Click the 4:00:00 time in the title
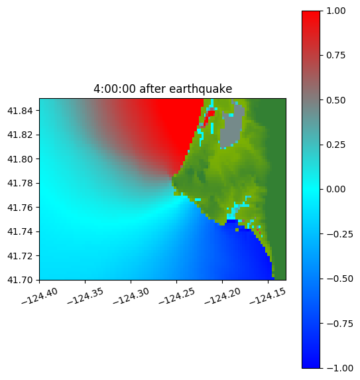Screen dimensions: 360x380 pyautogui.click(x=115, y=89)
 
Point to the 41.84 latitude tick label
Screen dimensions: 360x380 pyautogui.click(x=20, y=111)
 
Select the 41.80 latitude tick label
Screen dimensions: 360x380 pyautogui.click(x=20, y=159)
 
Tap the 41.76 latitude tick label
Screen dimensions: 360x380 pyautogui.click(x=20, y=208)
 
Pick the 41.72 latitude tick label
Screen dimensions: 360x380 pyautogui.click(x=20, y=256)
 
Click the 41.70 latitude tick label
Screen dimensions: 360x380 pyautogui.click(x=20, y=280)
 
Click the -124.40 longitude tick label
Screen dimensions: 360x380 pyautogui.click(x=40, y=296)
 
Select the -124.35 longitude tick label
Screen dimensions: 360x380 pyautogui.click(x=86, y=296)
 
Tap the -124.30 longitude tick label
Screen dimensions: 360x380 pyautogui.click(x=131, y=296)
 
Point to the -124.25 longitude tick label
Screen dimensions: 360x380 pyautogui.click(x=177, y=296)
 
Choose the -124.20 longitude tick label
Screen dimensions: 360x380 pyautogui.click(x=223, y=296)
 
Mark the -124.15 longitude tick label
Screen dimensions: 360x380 pyautogui.click(x=268, y=296)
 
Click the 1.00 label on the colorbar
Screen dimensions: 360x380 pyautogui.click(x=335, y=11)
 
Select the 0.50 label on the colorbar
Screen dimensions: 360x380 pyautogui.click(x=335, y=100)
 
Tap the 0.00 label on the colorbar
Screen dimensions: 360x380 pyautogui.click(x=335, y=189)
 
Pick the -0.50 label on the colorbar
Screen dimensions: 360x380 pyautogui.click(x=339, y=279)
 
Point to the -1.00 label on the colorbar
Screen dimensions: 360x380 pyautogui.click(x=339, y=368)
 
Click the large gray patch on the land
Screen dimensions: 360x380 pyautogui.click(x=232, y=129)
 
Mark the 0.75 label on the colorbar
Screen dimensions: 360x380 pyautogui.click(x=335, y=56)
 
